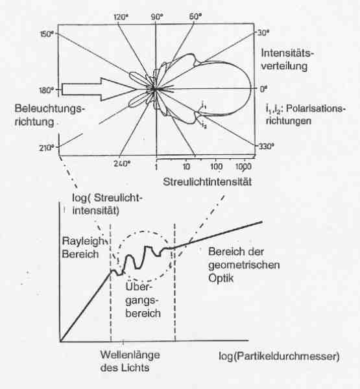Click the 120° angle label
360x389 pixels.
[121, 17]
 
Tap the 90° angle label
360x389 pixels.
[158, 17]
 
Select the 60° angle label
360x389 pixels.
[195, 16]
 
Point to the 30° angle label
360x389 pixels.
[263, 32]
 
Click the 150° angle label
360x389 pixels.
[47, 34]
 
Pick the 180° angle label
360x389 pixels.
[47, 90]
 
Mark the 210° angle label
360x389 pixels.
[47, 148]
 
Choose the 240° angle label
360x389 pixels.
[122, 163]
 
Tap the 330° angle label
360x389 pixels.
[267, 147]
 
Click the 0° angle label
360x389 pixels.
[263, 89]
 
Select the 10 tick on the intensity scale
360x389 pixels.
[186, 167]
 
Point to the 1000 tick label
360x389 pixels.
[243, 167]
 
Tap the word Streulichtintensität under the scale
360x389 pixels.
[208, 182]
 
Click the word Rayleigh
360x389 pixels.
[83, 241]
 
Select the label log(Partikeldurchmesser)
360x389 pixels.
[279, 356]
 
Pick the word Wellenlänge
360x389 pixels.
[130, 355]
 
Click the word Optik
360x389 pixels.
[221, 278]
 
